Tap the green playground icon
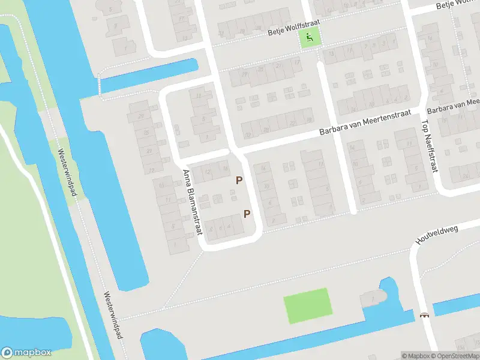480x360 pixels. [310, 39]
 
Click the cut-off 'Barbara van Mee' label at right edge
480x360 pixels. [453, 106]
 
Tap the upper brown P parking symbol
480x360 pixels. [239, 180]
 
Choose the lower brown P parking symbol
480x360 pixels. [246, 214]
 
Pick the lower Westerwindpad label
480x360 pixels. [112, 315]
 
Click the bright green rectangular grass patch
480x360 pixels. [307, 305]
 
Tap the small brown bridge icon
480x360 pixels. [425, 314]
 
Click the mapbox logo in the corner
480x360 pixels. [26, 352]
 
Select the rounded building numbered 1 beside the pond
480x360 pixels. [373, 298]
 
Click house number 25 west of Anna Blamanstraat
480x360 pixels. [145, 133]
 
